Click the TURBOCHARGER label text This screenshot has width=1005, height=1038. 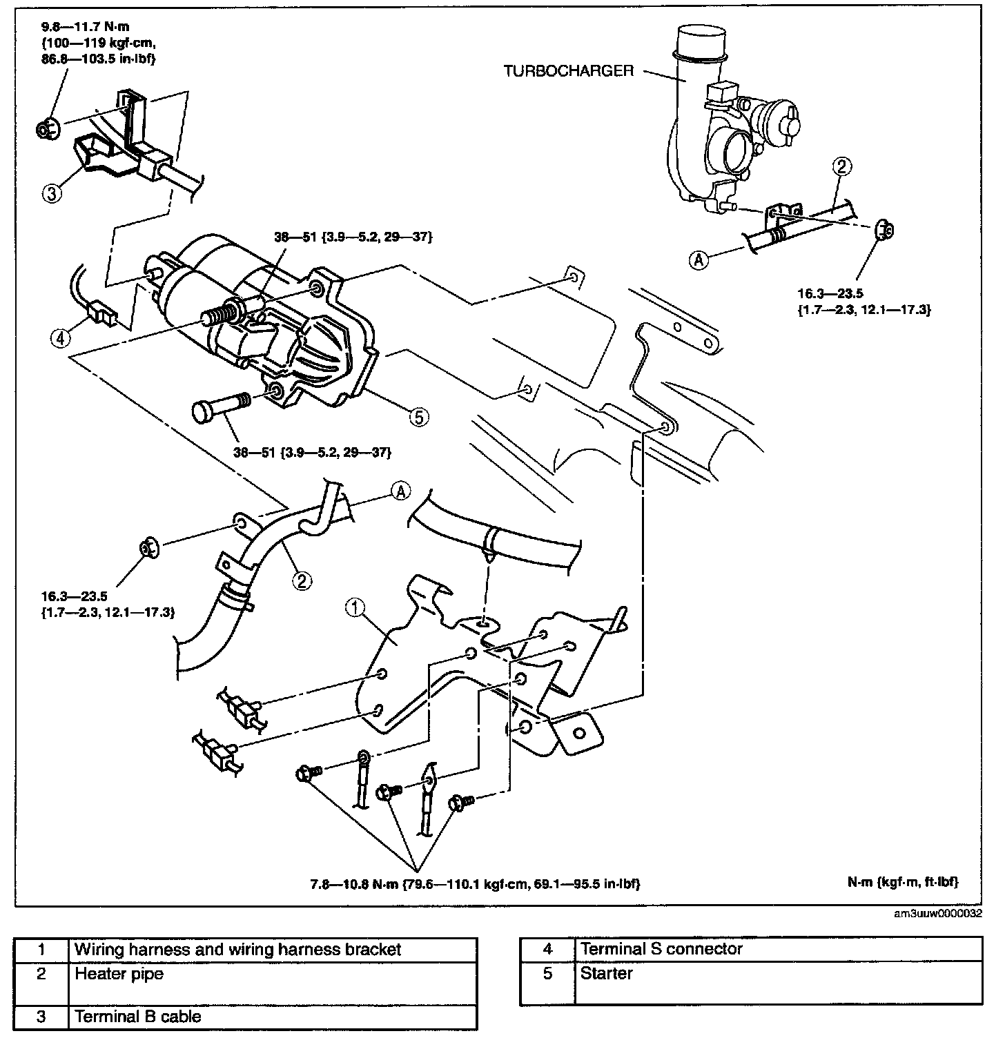pyautogui.click(x=569, y=71)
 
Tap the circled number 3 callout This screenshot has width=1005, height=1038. pyautogui.click(x=52, y=193)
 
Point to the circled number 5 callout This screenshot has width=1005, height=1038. pyautogui.click(x=418, y=416)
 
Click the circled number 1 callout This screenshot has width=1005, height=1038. pyautogui.click(x=355, y=607)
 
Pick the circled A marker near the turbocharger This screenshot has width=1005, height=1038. pyautogui.click(x=699, y=259)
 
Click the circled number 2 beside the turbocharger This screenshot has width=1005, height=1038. pyautogui.click(x=843, y=166)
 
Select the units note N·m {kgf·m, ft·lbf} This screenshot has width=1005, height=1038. pyautogui.click(x=903, y=882)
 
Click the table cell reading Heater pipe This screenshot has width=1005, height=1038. pyautogui.click(x=119, y=974)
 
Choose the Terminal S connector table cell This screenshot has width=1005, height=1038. pyautogui.click(x=661, y=949)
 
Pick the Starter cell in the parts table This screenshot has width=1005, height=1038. pyautogui.click(x=607, y=974)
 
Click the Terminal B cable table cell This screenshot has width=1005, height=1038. pyautogui.click(x=137, y=1017)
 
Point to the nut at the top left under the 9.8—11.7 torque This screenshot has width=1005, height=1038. pyautogui.click(x=47, y=128)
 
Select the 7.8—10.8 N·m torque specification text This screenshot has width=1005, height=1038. pyautogui.click(x=476, y=883)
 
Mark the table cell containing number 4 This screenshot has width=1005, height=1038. pyautogui.click(x=547, y=949)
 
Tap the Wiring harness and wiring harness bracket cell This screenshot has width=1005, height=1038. pyautogui.click(x=237, y=950)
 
